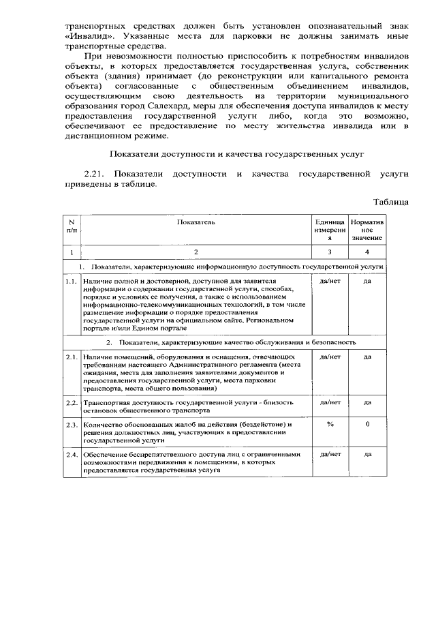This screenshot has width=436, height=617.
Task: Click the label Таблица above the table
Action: coord(391,202)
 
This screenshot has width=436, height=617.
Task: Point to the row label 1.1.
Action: coord(72,280)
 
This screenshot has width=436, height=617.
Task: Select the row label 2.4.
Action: coord(72,455)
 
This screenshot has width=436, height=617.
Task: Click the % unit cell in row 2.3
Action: coord(329,425)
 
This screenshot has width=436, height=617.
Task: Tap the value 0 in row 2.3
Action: coord(367,425)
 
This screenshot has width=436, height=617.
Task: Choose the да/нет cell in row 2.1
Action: coord(329,357)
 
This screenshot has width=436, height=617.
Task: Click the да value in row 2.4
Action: coord(367,455)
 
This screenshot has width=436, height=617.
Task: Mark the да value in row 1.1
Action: coord(367,280)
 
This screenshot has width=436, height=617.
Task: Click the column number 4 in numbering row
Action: coord(367,252)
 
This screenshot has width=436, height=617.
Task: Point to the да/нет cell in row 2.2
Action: coord(329,403)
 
